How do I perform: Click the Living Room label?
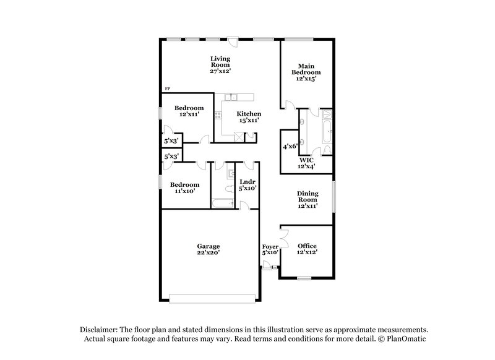220,65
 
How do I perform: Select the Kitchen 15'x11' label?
249,117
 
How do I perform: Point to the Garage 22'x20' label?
209,249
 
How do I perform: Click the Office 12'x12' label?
308,249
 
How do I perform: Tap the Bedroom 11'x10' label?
185,188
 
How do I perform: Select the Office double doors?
283,239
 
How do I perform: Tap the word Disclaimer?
98,330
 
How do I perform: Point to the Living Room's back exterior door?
232,41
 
